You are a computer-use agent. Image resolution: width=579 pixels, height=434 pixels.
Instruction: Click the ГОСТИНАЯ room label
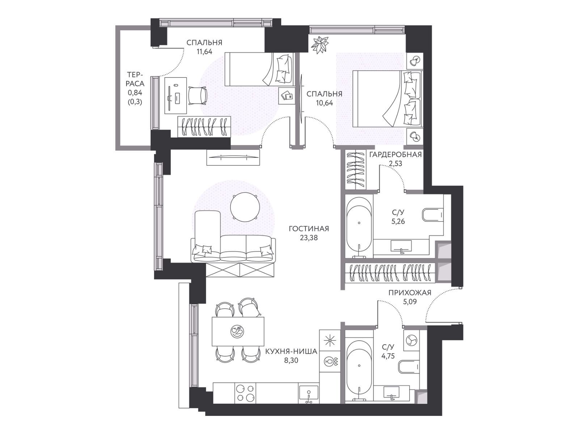[309, 229]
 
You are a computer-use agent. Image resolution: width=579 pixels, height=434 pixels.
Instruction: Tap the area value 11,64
[204, 51]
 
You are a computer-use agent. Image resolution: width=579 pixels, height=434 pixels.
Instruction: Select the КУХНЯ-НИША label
[291, 351]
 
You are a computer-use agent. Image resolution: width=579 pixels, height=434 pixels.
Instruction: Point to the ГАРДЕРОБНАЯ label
[396, 155]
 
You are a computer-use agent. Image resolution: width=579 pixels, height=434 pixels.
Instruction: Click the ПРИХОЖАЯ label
[410, 293]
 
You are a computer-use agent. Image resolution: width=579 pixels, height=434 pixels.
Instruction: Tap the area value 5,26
[398, 221]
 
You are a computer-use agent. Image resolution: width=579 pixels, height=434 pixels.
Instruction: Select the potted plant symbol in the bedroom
[320, 45]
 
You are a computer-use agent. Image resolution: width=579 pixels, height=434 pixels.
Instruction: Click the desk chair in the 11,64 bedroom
[198, 96]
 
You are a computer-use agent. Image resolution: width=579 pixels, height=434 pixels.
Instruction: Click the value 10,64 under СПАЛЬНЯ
[324, 103]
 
